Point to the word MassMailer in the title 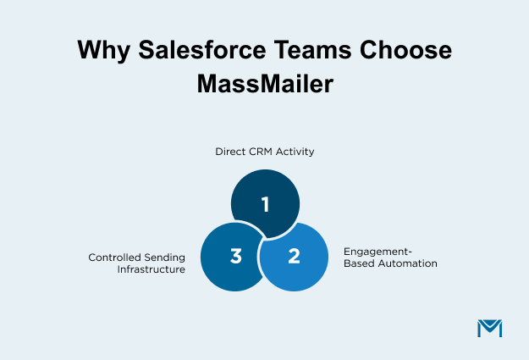[x=264, y=86]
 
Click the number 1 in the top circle [x=265, y=204]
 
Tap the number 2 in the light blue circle [x=294, y=256]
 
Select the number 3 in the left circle [x=236, y=256]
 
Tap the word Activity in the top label [x=297, y=152]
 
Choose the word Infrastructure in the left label [x=151, y=269]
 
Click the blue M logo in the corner [x=489, y=328]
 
